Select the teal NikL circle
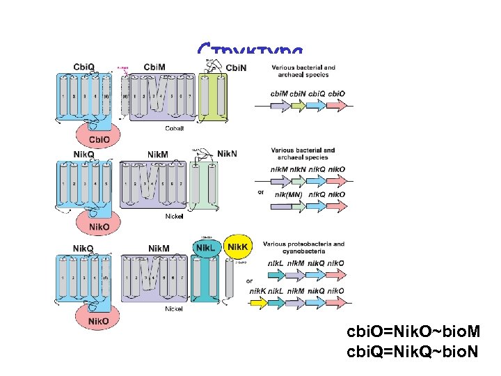pos(205,248)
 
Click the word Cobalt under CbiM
pos(175,128)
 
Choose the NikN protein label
pos(228,153)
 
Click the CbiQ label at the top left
pos(84,67)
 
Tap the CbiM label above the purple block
pos(154,67)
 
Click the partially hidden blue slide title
pos(250,51)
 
